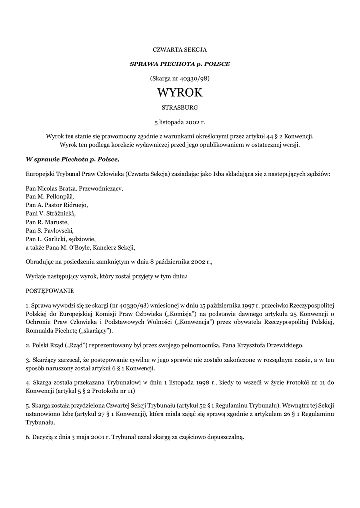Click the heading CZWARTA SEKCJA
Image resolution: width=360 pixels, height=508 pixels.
click(180, 50)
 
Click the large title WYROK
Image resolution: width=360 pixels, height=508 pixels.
click(180, 93)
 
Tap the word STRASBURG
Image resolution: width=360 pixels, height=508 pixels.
click(180, 107)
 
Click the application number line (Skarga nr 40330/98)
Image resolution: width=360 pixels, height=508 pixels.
click(180, 78)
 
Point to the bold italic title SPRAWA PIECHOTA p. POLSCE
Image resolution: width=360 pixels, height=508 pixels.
click(180, 64)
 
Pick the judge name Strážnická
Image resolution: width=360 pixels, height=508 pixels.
click(60, 214)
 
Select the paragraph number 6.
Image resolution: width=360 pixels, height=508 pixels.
click(27, 437)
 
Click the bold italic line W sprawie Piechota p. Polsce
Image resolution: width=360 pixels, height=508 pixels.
click(73, 159)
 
